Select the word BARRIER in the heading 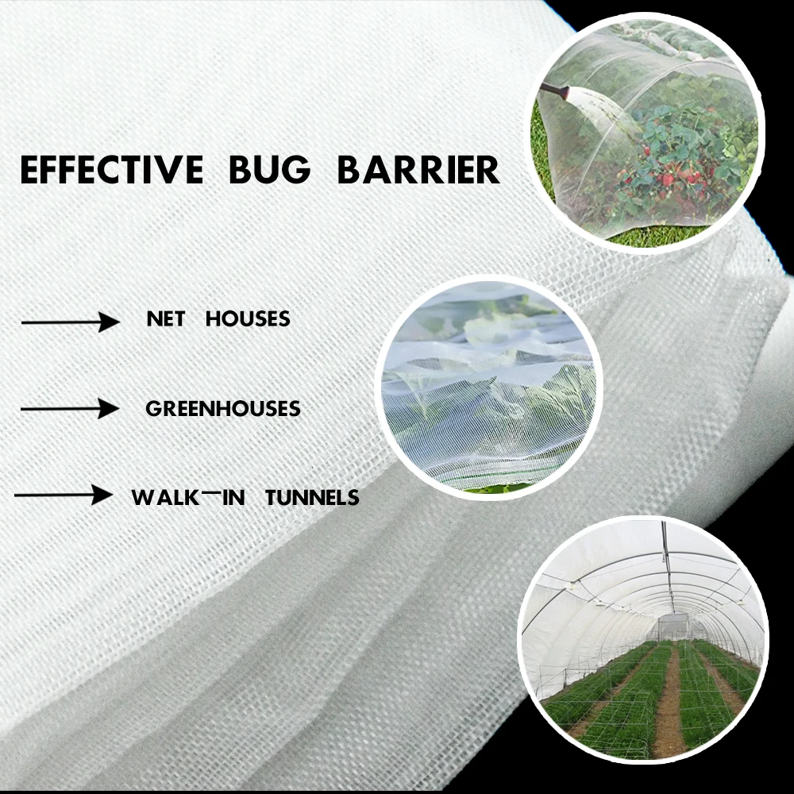419,171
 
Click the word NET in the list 165,319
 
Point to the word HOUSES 248,319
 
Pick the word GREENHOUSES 223,409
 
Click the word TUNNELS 312,498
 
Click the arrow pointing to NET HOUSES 70,322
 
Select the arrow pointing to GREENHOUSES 70,409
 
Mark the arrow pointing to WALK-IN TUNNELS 64,495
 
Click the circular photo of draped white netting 488,387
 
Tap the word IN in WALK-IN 233,498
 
